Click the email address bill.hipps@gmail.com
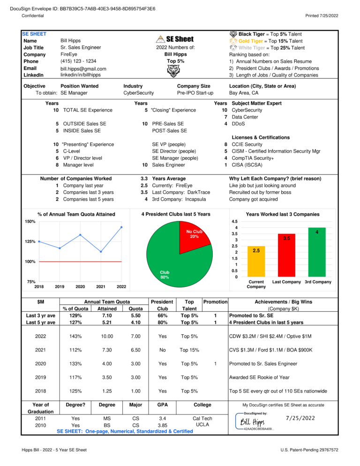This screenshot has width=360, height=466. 83,69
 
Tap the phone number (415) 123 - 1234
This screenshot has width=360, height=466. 78,61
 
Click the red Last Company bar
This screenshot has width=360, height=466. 286,255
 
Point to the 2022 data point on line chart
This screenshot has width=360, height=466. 122,227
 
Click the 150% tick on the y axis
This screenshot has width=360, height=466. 30,221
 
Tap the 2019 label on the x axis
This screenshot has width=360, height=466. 60,286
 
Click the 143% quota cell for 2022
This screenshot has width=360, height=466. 75,337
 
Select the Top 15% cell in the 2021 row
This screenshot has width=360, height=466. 189,350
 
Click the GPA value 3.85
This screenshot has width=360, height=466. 162,425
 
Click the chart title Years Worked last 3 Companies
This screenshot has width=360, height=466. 282,214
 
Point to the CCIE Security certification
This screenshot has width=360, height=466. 247,144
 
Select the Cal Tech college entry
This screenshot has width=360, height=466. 202,419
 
